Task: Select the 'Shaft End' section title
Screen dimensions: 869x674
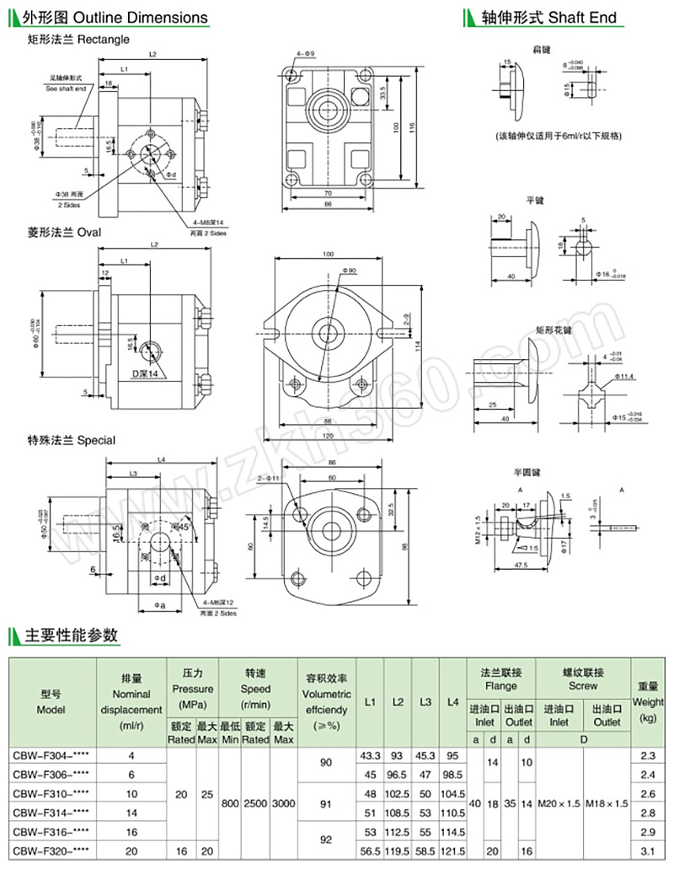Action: click(x=582, y=17)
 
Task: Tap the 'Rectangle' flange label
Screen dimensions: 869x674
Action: click(x=101, y=39)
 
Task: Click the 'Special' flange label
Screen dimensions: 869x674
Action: click(x=94, y=440)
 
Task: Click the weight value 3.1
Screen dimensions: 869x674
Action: click(x=647, y=851)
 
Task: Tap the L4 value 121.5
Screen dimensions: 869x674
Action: click(x=453, y=851)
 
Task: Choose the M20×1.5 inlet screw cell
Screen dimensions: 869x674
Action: click(x=559, y=803)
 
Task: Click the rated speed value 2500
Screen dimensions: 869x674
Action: click(x=255, y=803)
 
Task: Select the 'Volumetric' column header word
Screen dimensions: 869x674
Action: click(x=325, y=694)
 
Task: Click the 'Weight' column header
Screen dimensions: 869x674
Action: click(x=648, y=702)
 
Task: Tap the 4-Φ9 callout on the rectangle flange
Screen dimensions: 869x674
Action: click(x=306, y=54)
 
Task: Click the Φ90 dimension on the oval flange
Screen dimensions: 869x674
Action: click(x=350, y=271)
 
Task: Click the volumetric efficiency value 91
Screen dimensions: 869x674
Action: click(x=325, y=803)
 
